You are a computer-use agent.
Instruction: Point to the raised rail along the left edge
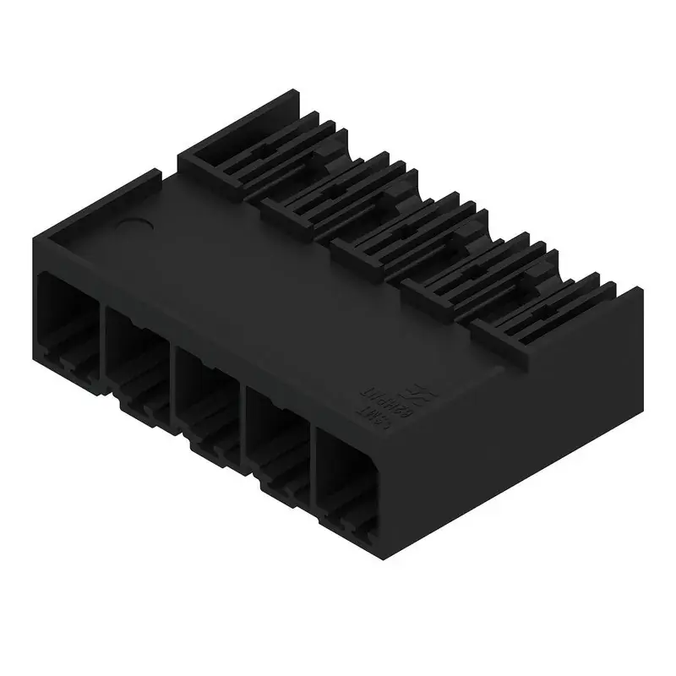click(101, 203)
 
